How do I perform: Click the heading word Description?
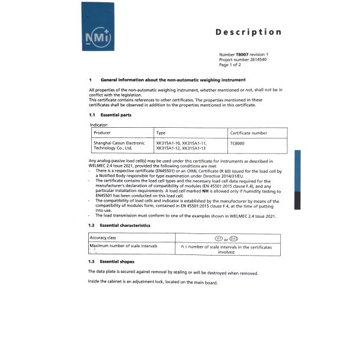tap(248, 32)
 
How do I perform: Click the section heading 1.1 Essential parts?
tap(110, 115)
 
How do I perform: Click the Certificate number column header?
tap(248, 133)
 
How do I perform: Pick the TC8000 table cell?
tap(238, 144)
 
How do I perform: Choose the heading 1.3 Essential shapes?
tap(111, 262)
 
